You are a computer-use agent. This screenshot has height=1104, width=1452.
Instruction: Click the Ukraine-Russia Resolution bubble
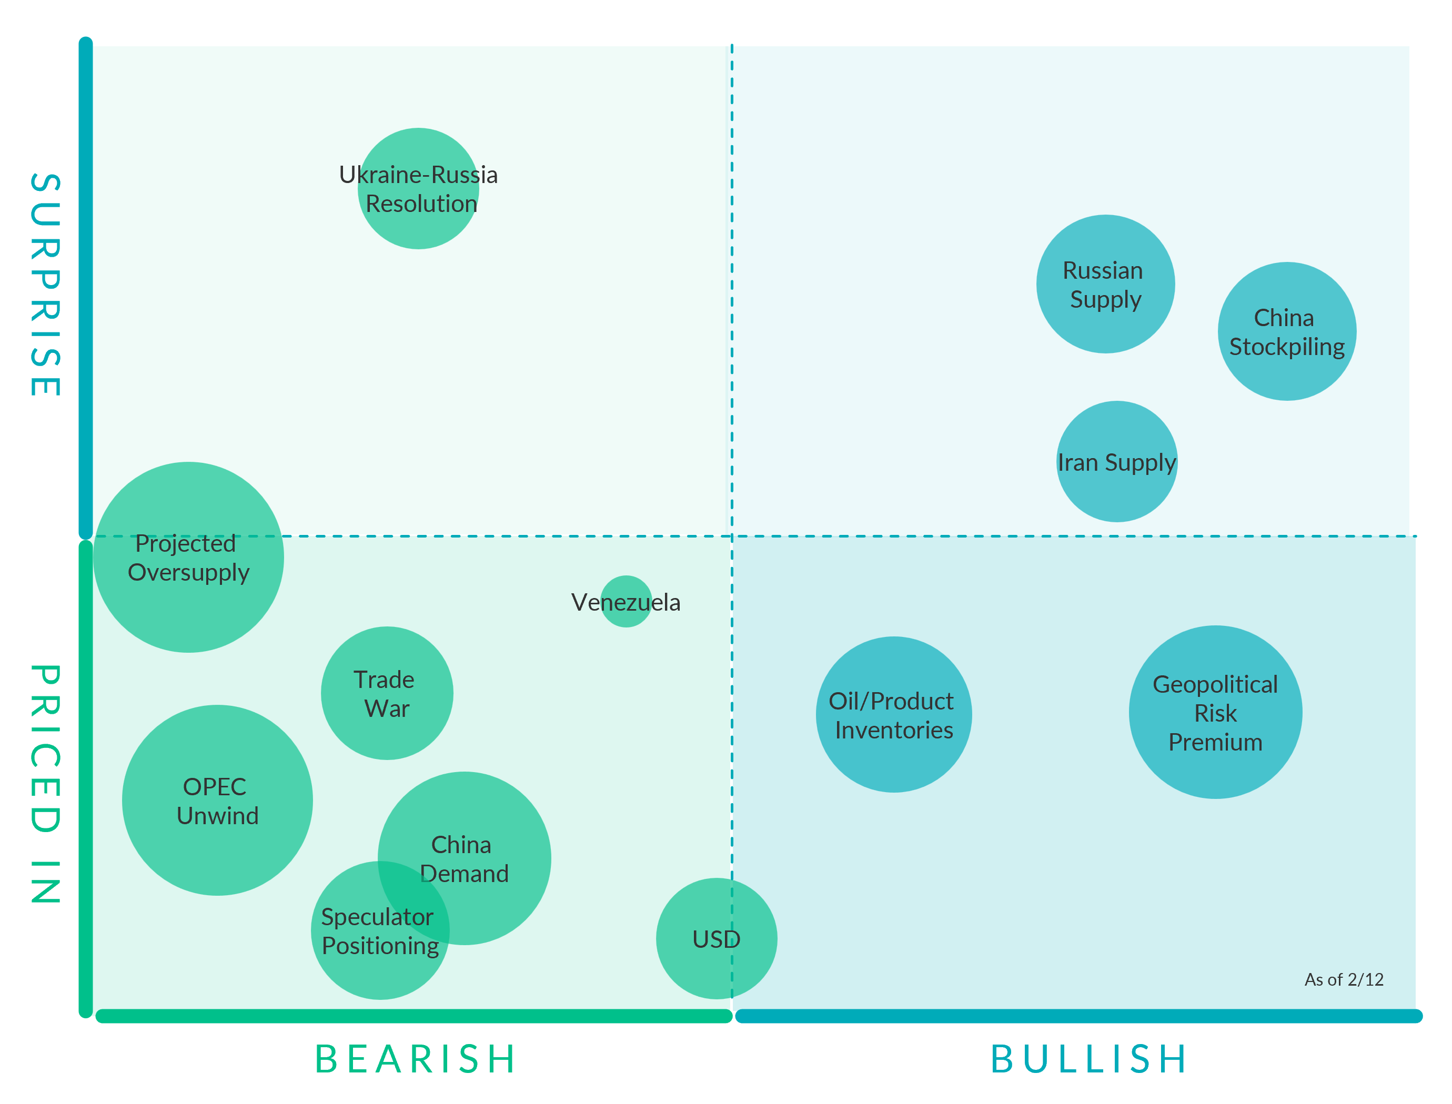[418, 189]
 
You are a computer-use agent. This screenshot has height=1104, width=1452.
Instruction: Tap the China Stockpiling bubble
[1286, 331]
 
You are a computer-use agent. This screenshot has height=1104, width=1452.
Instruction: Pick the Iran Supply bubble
[1116, 461]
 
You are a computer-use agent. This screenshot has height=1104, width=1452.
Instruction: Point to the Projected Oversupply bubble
[189, 557]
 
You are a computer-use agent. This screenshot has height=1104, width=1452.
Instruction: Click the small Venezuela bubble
[626, 601]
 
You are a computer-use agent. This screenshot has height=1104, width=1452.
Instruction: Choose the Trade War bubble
[387, 693]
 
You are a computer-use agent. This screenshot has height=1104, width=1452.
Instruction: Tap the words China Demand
[463, 858]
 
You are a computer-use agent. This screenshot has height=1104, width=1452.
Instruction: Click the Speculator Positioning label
[379, 930]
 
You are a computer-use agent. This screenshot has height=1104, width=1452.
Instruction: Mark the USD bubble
[717, 938]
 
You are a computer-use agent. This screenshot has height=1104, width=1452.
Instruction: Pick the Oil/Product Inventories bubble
[893, 714]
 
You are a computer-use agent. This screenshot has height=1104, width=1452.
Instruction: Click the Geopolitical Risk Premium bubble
[1215, 712]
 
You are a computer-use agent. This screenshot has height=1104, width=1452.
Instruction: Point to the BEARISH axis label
[416, 1059]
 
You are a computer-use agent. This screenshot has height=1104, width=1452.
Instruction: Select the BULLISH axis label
[1089, 1059]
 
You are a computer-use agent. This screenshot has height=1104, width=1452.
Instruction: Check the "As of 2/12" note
[1344, 980]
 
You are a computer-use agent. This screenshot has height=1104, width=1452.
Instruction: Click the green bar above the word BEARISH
[414, 1016]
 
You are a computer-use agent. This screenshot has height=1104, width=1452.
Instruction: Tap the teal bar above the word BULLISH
[1078, 1016]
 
